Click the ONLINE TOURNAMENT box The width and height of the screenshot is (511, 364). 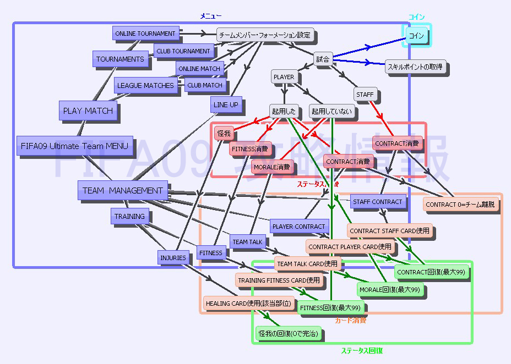[x=145, y=34]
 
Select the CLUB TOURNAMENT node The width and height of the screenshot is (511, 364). [x=183, y=51]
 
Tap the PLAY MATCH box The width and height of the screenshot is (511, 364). [x=88, y=111]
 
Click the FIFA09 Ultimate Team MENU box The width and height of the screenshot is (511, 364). [x=74, y=146]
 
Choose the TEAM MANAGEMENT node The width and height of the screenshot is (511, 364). [x=122, y=190]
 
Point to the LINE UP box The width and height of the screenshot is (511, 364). [x=225, y=104]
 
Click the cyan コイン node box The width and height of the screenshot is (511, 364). [x=416, y=36]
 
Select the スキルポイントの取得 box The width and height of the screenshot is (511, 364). [x=415, y=67]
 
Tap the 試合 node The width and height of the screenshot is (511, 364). [x=323, y=58]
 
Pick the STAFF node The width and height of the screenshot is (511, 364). [x=365, y=94]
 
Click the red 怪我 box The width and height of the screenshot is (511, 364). [x=224, y=133]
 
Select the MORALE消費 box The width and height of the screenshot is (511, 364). [x=271, y=166]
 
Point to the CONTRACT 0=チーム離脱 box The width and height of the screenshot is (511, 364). [x=460, y=204]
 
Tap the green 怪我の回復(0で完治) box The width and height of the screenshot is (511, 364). [x=288, y=333]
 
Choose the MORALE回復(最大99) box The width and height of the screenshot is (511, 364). [x=389, y=289]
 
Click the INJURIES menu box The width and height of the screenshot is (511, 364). [x=173, y=257]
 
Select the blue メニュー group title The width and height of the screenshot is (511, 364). [x=210, y=16]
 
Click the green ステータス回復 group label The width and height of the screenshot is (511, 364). [x=361, y=350]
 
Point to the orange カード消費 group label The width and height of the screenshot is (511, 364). [x=351, y=320]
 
